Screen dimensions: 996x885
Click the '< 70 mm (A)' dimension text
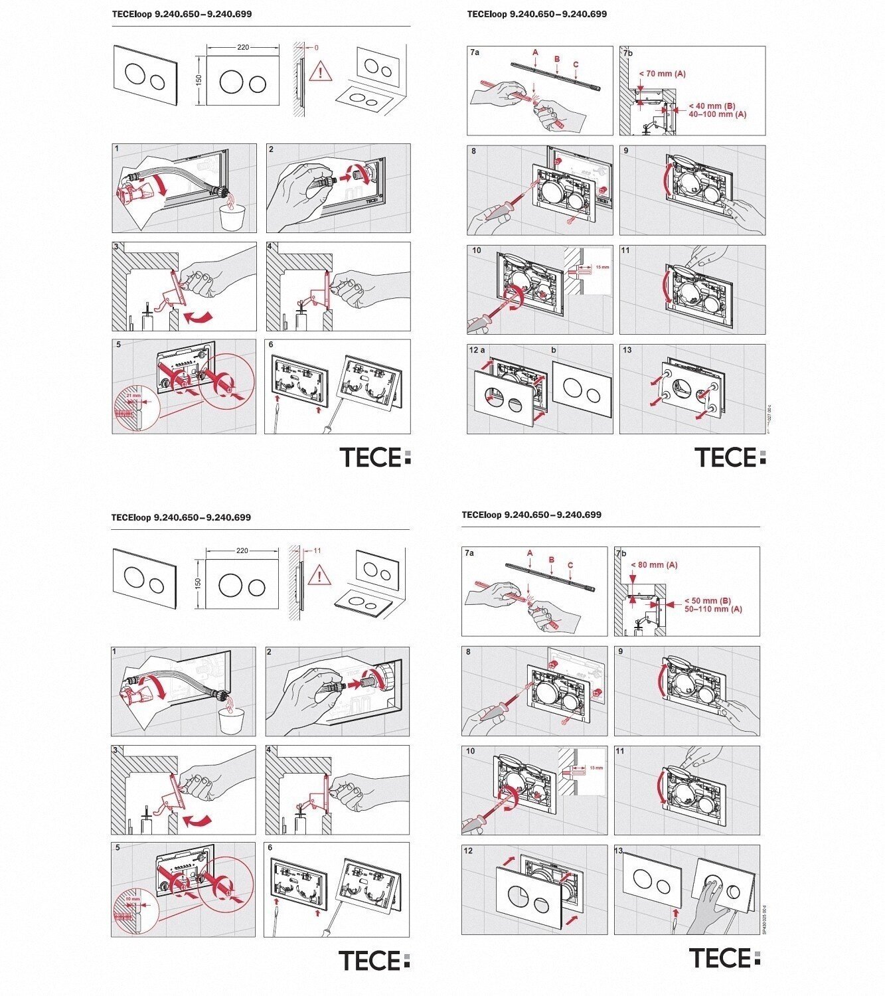[662, 74]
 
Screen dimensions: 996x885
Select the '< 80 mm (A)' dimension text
[654, 565]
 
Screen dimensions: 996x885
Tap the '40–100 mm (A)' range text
[717, 114]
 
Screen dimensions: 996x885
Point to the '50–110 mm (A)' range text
[713, 609]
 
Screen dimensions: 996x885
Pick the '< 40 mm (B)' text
[711, 106]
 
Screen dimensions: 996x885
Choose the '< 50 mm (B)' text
[707, 601]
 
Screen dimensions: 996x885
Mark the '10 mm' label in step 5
[133, 899]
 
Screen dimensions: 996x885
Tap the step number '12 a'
[477, 350]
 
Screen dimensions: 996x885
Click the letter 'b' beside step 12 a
[554, 350]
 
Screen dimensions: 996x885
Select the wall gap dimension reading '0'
[316, 48]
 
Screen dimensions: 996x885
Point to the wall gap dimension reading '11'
[317, 550]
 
